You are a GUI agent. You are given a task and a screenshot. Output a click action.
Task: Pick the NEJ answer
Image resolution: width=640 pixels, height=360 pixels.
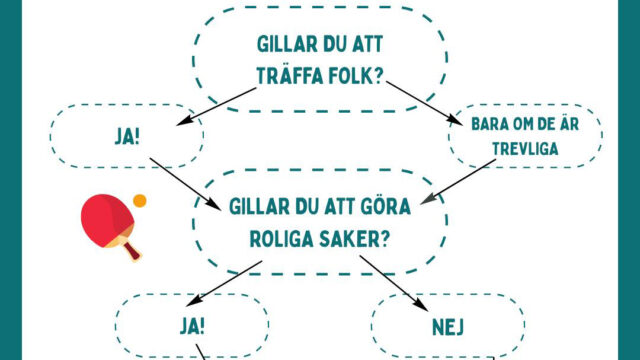pyautogui.click(x=448, y=324)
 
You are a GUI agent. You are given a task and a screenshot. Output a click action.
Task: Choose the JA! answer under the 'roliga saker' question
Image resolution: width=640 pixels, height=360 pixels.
pyautogui.click(x=192, y=324)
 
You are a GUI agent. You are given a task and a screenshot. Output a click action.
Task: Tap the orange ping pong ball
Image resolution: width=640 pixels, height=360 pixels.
pyautogui.click(x=140, y=200)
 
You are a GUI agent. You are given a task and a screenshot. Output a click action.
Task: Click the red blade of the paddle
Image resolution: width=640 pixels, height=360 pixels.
pyautogui.click(x=106, y=219)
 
